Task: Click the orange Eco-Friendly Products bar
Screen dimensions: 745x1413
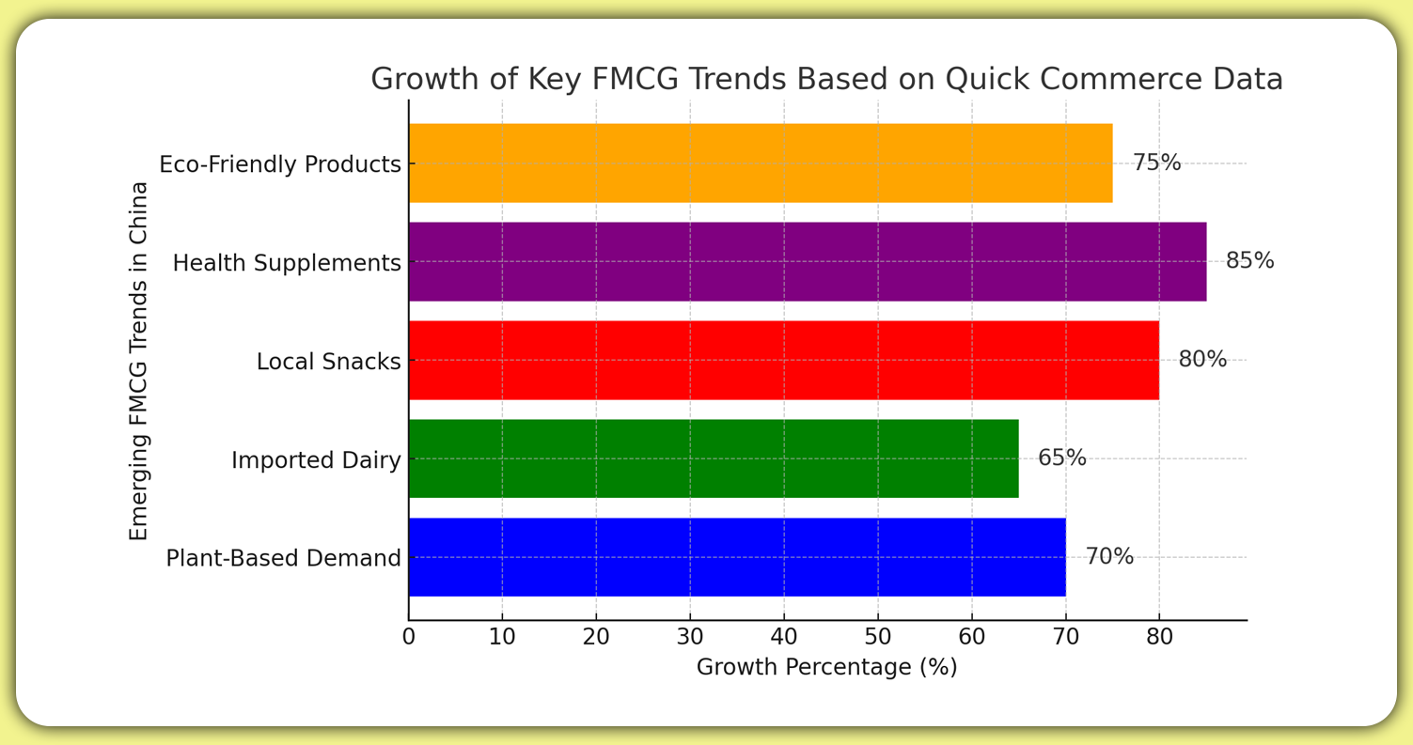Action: (x=760, y=163)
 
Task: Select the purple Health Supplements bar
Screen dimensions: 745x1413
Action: (x=807, y=262)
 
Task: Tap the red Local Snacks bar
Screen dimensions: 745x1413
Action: (x=783, y=361)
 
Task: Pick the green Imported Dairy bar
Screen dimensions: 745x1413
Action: (x=713, y=458)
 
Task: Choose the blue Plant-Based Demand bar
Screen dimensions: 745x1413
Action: (x=736, y=557)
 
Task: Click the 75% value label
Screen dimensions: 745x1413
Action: (x=1156, y=163)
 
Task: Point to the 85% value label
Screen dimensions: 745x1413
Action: (x=1249, y=261)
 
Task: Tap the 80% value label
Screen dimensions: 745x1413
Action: (x=1202, y=360)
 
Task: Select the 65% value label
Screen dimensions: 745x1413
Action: (x=1062, y=458)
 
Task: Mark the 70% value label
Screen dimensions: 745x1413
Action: (x=1109, y=557)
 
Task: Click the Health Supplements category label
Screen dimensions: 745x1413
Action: (x=287, y=263)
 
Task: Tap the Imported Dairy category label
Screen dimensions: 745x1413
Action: (x=316, y=460)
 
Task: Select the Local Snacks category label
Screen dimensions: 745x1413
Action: (x=328, y=362)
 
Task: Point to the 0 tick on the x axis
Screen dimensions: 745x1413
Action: (x=409, y=637)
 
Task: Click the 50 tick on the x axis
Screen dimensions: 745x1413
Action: (x=878, y=637)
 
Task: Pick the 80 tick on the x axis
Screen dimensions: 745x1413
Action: (x=1159, y=637)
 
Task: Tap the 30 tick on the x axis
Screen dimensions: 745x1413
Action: (x=690, y=637)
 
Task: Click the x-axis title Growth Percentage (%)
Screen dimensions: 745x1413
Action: (x=826, y=668)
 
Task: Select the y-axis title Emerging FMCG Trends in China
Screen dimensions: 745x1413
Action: (x=139, y=361)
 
